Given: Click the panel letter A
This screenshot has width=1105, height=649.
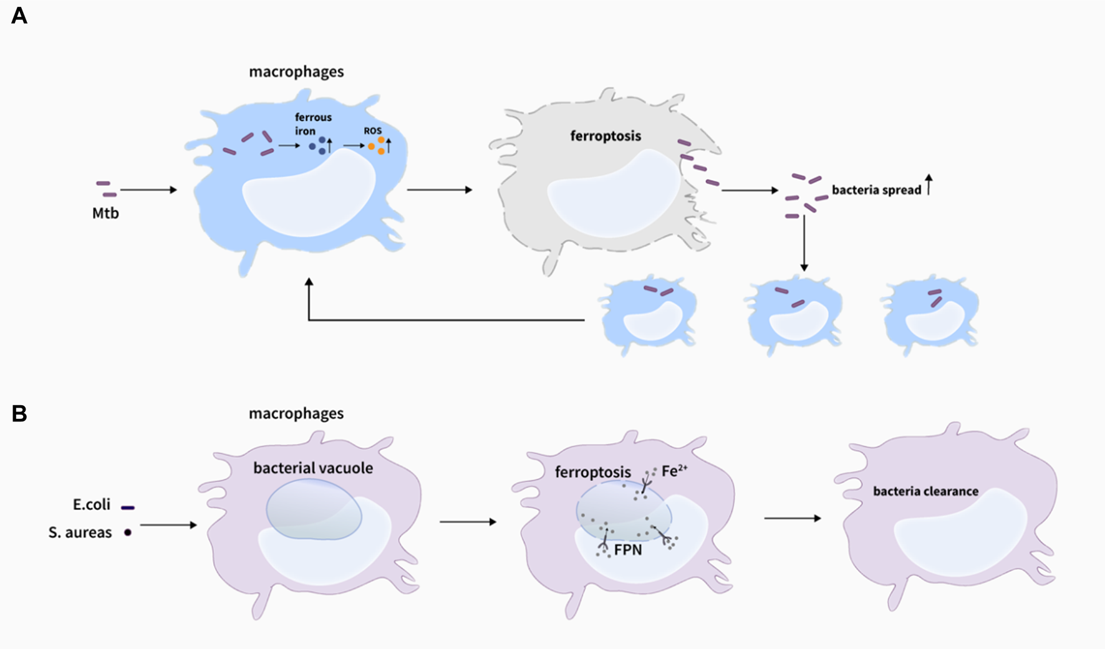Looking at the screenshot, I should coord(19,16).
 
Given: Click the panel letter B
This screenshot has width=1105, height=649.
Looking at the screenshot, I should coord(19,413).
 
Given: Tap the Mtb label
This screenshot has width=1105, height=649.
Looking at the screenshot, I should coord(105,213).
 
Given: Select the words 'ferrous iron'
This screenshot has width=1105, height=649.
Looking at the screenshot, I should coord(313,124).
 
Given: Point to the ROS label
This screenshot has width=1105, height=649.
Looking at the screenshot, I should coord(373,131).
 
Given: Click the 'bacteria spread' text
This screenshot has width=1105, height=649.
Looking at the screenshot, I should coord(876,190).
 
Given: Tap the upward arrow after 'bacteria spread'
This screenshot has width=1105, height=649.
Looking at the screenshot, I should coord(929,185).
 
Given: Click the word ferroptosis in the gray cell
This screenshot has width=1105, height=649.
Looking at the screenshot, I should coord(606,136).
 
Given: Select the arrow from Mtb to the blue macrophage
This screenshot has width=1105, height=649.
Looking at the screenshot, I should coord(148,190).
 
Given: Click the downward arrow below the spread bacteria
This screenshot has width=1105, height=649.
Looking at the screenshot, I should coord(804,243).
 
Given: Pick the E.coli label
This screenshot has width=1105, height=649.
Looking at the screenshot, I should coord(92,504).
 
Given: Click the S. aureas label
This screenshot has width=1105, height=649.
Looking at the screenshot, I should coord(80,532).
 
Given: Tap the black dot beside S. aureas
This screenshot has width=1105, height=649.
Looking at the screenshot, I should coord(128,532).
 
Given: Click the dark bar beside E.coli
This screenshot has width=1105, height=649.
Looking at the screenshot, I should coord(128,507).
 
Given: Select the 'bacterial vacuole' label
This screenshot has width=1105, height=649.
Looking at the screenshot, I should coord(313,468).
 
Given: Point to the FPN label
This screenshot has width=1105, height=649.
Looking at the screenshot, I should coord(627,550).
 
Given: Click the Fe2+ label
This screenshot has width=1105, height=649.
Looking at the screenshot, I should coord(674,471).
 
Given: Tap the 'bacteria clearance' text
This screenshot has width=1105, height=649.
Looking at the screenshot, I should coord(925,491).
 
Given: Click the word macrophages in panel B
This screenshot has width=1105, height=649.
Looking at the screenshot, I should coord(296,413).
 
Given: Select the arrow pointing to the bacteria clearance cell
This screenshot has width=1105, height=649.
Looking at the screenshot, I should coord(792,518).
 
